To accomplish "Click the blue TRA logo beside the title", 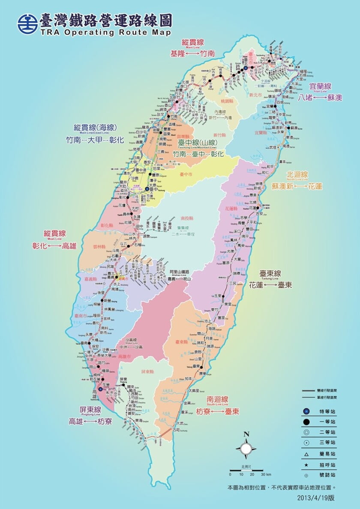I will (27, 24).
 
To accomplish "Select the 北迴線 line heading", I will (297, 175).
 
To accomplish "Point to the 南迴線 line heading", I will (216, 399).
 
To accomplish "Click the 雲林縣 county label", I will (99, 247).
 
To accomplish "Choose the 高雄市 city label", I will (124, 356).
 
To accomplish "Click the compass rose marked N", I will (246, 448).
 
